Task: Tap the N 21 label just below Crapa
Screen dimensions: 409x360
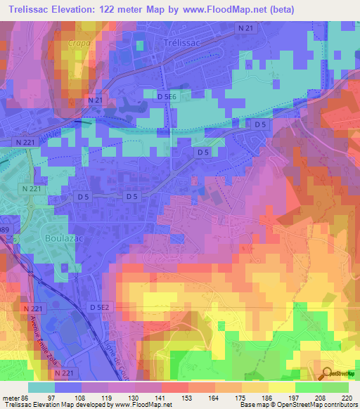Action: click(x=96, y=100)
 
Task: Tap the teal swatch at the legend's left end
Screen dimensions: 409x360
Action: click(x=42, y=388)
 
